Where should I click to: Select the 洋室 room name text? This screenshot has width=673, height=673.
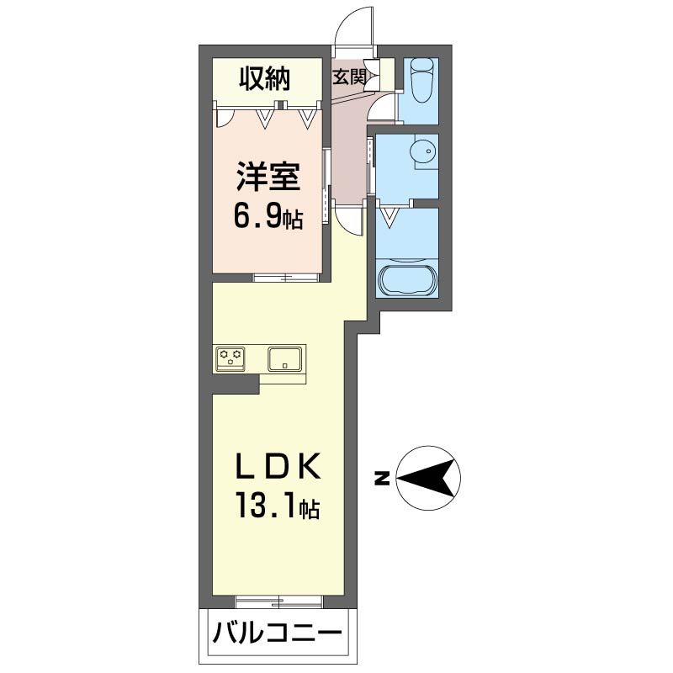pyautogui.click(x=268, y=178)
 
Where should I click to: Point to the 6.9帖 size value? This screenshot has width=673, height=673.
pyautogui.click(x=268, y=219)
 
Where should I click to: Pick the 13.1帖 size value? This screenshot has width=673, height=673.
pyautogui.click(x=277, y=507)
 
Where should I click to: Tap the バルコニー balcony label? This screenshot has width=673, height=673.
pyautogui.click(x=277, y=633)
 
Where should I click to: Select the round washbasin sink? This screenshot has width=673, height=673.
pyautogui.click(x=421, y=152)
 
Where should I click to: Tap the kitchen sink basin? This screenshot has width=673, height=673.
pyautogui.click(x=286, y=359)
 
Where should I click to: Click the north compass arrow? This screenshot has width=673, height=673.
pyautogui.click(x=429, y=479)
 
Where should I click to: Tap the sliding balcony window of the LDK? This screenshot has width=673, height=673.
pyautogui.click(x=278, y=600)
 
